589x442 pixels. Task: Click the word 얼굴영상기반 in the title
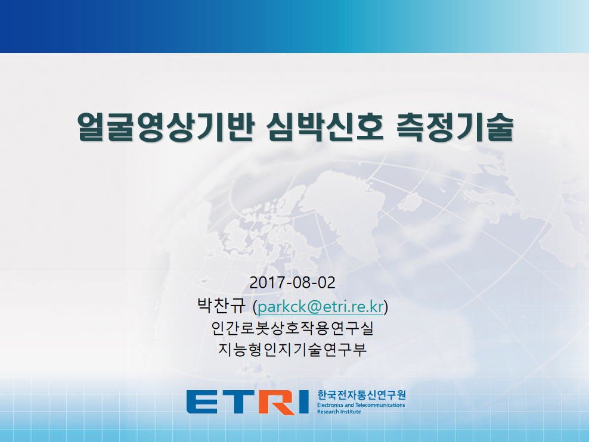point(166,127)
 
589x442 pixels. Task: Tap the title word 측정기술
point(454,127)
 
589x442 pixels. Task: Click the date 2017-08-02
point(292,282)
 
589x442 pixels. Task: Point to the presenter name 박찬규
point(221,306)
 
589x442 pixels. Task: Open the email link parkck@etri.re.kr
point(321,307)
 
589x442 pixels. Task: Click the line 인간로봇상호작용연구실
point(292,328)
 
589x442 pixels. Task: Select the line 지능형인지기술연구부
point(292,349)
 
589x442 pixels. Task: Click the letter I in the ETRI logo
point(303,402)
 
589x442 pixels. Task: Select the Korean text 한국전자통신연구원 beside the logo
point(361,395)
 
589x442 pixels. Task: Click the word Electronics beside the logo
point(330,405)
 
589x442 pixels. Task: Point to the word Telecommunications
point(380,405)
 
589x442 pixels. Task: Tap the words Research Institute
point(339,412)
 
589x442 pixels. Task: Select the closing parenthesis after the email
point(386,307)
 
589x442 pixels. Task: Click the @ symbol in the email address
point(314,307)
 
